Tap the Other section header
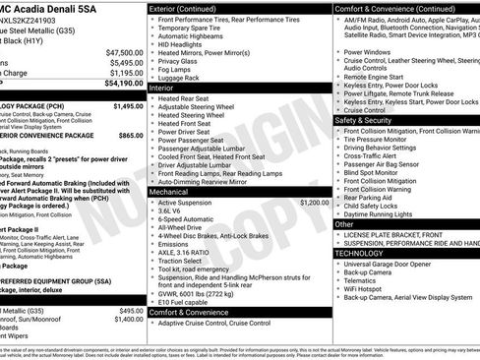tap(345, 224)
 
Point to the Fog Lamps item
tap(181, 68)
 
